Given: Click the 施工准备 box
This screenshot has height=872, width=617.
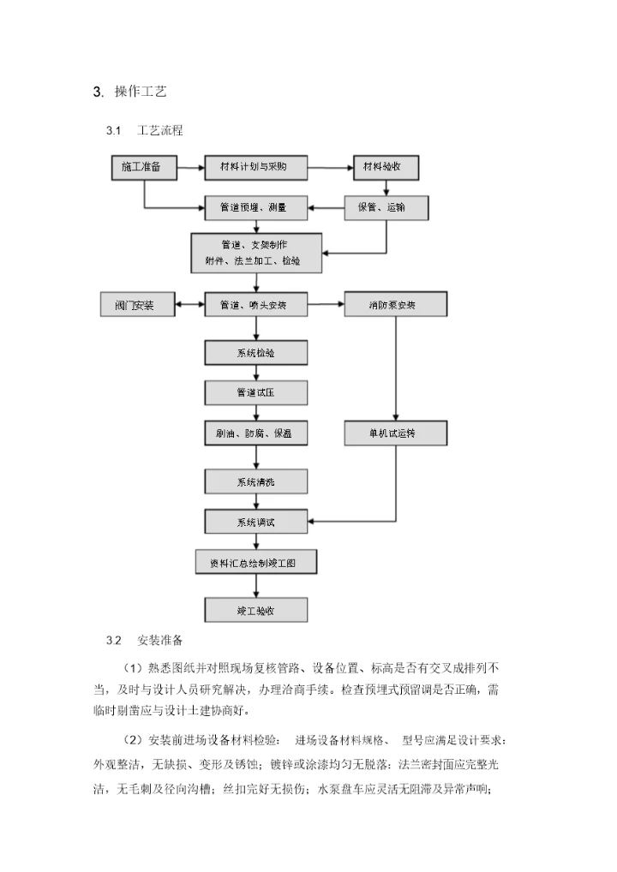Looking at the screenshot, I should point(142,167).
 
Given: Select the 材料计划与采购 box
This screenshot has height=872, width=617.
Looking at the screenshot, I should point(255,167).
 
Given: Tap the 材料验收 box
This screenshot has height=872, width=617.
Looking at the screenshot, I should point(386,167).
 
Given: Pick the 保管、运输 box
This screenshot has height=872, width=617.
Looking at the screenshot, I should point(386,207).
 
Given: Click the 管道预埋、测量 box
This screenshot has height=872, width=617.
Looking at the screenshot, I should point(255,207).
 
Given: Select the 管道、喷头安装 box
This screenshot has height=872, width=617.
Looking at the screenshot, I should point(255,304).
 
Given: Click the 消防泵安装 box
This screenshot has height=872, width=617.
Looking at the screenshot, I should point(395,304).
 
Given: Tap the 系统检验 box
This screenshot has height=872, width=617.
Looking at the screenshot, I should point(255,352).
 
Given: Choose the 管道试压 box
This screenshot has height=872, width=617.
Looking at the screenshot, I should point(255,392).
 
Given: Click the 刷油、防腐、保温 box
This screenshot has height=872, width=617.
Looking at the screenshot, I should point(255,433).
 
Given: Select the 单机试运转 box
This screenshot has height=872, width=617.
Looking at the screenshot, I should point(395,433).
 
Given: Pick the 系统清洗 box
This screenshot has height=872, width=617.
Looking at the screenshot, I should point(255,481).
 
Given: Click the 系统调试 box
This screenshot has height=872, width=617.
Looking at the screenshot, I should point(255,521).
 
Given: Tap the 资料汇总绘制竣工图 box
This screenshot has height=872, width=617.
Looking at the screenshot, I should point(256,562).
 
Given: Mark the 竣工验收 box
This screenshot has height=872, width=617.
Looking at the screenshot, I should point(255,609).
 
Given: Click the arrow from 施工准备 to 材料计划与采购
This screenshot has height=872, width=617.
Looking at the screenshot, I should point(190,167).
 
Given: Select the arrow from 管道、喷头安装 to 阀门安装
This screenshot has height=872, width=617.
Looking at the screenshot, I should point(189,304).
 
